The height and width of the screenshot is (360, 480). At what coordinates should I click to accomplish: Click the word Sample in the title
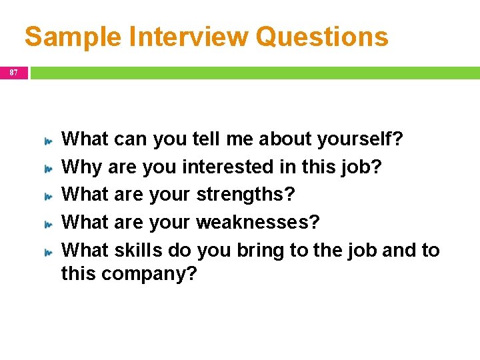(73, 37)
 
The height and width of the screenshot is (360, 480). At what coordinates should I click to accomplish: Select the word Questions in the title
(322, 37)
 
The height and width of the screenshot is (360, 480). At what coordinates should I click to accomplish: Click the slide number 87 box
(14, 71)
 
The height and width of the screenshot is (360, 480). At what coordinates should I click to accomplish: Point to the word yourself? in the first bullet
(361, 139)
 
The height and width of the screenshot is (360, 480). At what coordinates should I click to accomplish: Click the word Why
(82, 167)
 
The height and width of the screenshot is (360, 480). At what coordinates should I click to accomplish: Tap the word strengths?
(245, 195)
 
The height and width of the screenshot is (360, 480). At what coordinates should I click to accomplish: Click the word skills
(139, 250)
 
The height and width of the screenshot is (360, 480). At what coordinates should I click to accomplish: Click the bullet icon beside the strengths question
(48, 197)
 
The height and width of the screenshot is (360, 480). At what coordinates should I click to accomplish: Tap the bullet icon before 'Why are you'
(48, 169)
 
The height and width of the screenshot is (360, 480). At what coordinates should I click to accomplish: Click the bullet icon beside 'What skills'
(48, 253)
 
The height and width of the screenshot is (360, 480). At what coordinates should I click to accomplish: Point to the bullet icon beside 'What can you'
(48, 142)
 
